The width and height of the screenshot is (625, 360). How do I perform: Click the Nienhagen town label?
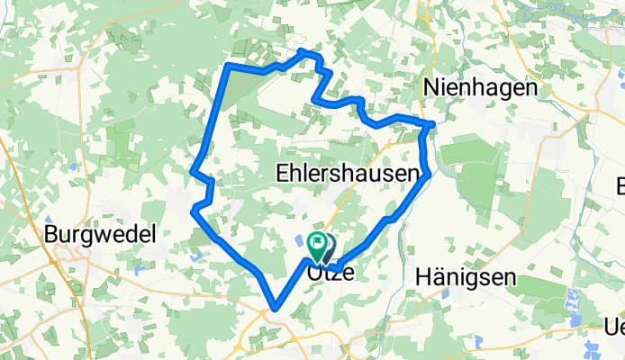click(481, 88)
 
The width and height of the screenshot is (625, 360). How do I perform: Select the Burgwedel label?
click(101, 235)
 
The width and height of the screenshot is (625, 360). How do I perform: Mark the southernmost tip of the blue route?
click(272, 311)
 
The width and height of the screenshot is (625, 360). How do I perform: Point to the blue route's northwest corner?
click(229, 67)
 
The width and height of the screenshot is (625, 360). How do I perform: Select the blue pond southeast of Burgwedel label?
click(139, 270)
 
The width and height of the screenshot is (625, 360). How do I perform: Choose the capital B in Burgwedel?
click(51, 235)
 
